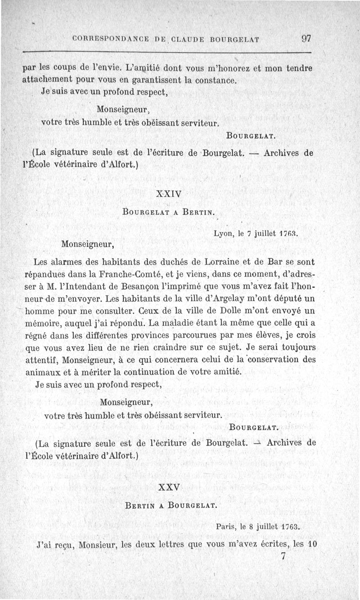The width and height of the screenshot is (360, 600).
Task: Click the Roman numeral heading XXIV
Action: (x=168, y=194)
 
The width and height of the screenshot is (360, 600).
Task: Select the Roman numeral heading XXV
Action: (x=170, y=487)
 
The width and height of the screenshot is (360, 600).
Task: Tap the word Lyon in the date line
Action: (x=223, y=234)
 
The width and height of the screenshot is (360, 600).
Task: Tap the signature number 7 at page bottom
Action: (x=283, y=556)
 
